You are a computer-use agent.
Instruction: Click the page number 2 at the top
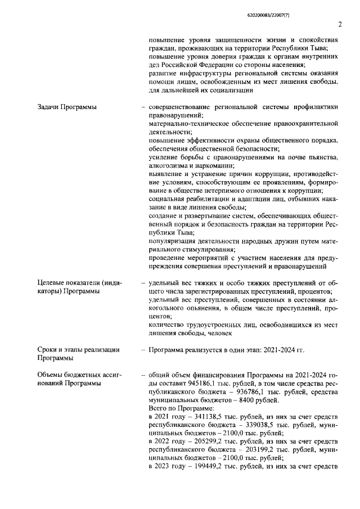pyautogui.click(x=340, y=24)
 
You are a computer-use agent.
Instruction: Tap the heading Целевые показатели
pyautogui.click(x=78, y=282)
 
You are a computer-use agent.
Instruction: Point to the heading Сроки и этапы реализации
pyautogui.click(x=78, y=350)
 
